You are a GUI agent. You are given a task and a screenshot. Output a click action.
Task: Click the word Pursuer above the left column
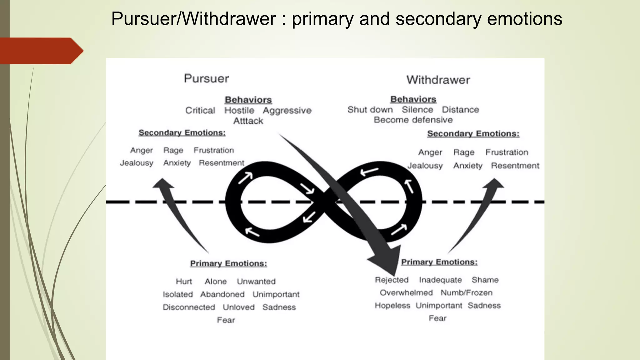pyautogui.click(x=206, y=78)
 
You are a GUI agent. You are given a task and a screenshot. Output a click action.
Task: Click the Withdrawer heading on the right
pyautogui.click(x=438, y=80)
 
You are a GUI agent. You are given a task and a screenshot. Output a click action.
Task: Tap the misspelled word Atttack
pyautogui.click(x=248, y=121)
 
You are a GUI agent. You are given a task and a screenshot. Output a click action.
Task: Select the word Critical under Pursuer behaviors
pyautogui.click(x=200, y=111)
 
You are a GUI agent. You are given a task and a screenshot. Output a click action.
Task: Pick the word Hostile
pyautogui.click(x=239, y=111)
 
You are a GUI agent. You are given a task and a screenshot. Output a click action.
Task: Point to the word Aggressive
pyautogui.click(x=287, y=111)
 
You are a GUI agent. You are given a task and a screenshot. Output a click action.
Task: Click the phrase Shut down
pyautogui.click(x=370, y=110)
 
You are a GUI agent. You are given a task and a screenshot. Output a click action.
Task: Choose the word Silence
pyautogui.click(x=417, y=110)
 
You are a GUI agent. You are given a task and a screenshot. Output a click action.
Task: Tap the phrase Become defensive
pyautogui.click(x=413, y=120)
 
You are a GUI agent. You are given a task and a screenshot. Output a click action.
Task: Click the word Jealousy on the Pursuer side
pyautogui.click(x=137, y=163)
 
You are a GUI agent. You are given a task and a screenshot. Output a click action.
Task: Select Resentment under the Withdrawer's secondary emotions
pyautogui.click(x=515, y=166)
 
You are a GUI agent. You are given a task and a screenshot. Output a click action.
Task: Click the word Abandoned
pyautogui.click(x=222, y=294)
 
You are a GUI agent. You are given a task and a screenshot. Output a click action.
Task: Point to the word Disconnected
pyautogui.click(x=189, y=307)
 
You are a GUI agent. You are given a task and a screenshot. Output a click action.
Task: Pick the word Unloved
pyautogui.click(x=238, y=307)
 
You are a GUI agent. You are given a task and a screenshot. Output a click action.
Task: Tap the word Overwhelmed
pyautogui.click(x=406, y=293)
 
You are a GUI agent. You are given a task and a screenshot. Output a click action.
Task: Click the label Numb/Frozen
pyautogui.click(x=467, y=293)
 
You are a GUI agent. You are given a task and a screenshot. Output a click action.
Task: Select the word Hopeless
pyautogui.click(x=392, y=306)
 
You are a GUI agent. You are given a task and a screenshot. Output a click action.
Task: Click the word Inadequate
pyautogui.click(x=440, y=280)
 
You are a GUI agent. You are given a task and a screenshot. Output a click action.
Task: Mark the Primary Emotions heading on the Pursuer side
pyautogui.click(x=228, y=263)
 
